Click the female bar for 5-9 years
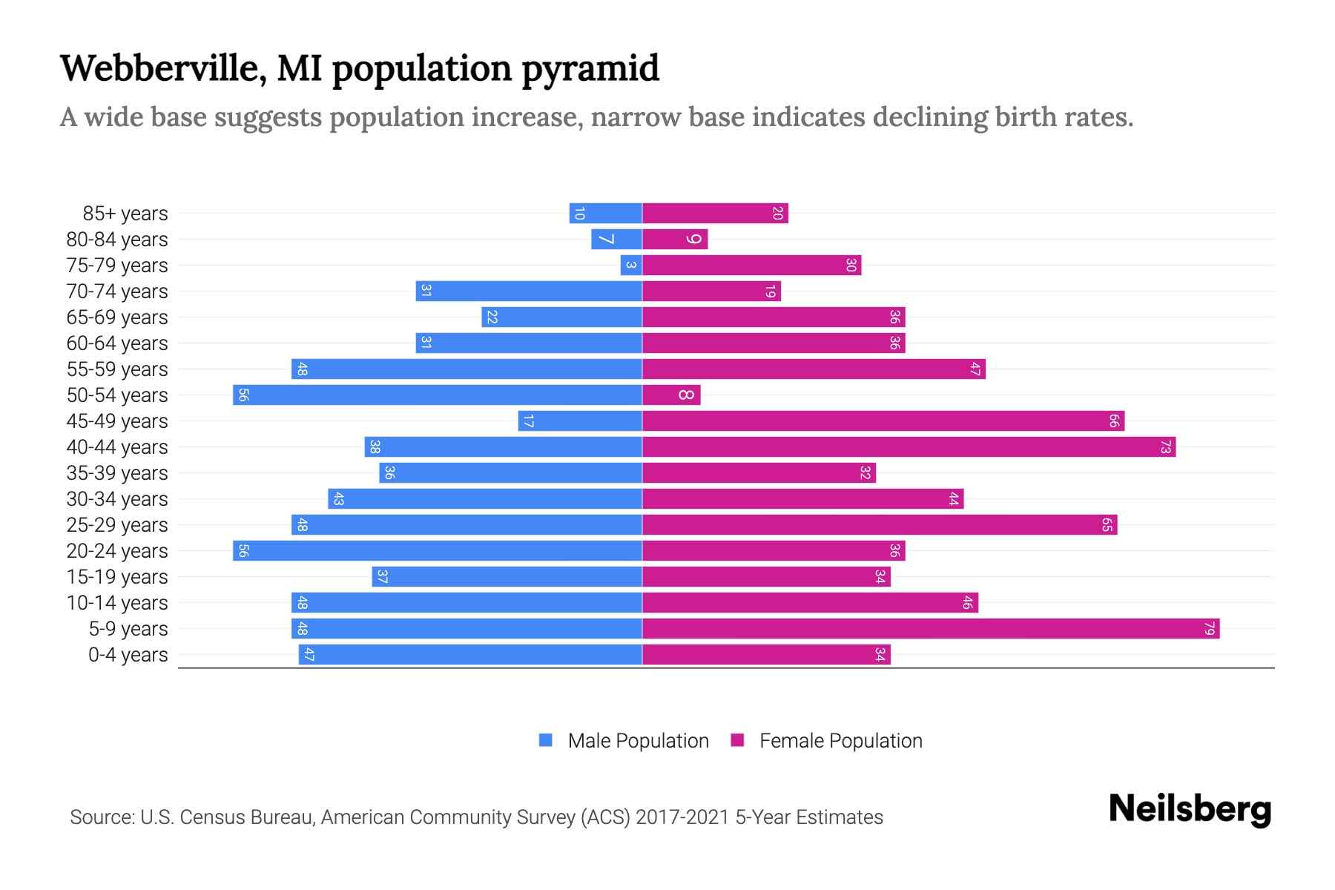931,629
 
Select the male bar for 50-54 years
438,395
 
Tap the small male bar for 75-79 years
631,266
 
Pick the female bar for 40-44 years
909,447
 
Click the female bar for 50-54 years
671,395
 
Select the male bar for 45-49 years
580,421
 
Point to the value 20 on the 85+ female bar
777,214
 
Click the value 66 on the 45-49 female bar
1114,421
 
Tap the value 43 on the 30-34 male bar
338,499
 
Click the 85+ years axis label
125,214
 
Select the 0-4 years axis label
128,655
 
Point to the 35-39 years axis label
117,473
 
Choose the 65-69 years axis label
117,317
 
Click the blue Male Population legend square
546,740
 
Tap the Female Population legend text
840,741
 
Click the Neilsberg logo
1190,809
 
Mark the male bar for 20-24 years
438,551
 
